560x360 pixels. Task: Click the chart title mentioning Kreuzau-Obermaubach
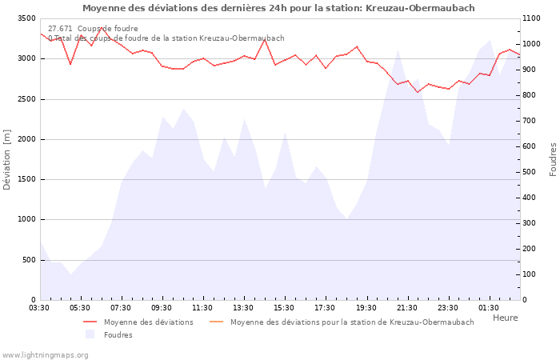(x=278, y=8)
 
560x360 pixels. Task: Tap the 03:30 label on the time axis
(x=40, y=308)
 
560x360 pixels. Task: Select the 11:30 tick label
(x=202, y=308)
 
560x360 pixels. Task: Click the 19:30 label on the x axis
(x=366, y=308)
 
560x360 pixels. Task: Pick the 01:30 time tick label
(x=489, y=308)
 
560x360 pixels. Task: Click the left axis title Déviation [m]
(x=8, y=159)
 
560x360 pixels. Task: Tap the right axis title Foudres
(x=553, y=159)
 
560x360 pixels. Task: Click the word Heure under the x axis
(x=505, y=318)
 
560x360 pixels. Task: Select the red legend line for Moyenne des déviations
(x=90, y=322)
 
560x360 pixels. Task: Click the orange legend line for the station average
(x=216, y=322)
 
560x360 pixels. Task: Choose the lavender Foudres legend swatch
(x=90, y=334)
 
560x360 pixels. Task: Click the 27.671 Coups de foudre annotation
(x=93, y=29)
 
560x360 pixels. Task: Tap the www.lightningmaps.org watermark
(x=46, y=354)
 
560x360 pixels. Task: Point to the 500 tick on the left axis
(x=28, y=260)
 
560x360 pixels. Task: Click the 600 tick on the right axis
(x=533, y=146)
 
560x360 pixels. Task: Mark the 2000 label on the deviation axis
(x=25, y=139)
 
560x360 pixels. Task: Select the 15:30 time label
(x=284, y=308)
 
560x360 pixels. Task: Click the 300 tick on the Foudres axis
(x=533, y=223)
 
